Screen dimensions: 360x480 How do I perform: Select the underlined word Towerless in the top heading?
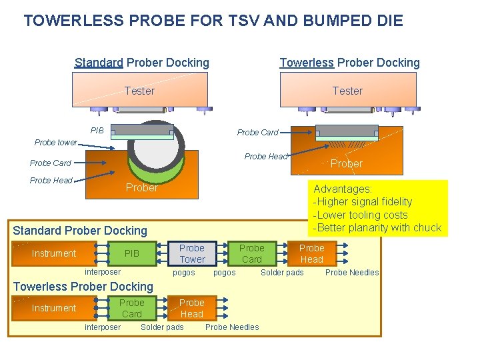(x=307, y=63)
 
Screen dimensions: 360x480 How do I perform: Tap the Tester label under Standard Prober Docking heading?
(x=139, y=91)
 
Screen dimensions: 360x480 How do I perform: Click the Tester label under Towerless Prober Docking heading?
(x=347, y=91)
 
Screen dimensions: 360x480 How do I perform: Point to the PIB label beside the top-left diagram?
(x=97, y=131)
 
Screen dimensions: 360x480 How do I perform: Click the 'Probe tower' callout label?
(x=56, y=142)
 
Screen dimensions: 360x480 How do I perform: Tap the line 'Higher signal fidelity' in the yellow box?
(x=363, y=202)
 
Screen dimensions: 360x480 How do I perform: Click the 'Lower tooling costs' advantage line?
(x=360, y=215)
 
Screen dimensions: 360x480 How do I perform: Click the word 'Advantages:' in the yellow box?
(x=343, y=189)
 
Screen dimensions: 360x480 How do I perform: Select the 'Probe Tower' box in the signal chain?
(x=192, y=253)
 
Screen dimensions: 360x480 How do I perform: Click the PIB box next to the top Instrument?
(x=132, y=253)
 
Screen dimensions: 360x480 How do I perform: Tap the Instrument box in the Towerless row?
(x=54, y=308)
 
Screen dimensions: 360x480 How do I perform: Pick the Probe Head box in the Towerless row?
(x=192, y=308)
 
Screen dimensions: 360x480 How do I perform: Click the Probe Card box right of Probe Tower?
(x=252, y=253)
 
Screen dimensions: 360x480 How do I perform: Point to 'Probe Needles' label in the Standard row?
(x=351, y=273)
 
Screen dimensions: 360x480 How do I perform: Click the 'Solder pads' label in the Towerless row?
(x=162, y=327)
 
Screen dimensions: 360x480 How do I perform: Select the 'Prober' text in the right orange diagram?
(x=347, y=164)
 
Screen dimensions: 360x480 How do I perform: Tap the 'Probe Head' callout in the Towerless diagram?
(x=265, y=157)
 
